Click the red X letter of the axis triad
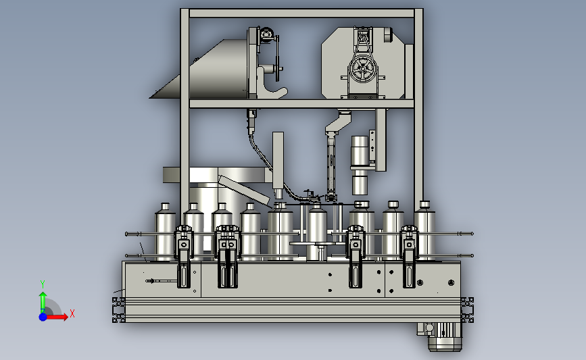point(72,313)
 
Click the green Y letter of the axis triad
point(43,284)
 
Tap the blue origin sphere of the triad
point(43,317)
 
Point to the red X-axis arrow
point(56,317)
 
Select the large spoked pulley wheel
point(363,69)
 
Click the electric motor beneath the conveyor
point(441,336)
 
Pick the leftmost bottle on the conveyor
point(165,232)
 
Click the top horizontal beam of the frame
point(301,14)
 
